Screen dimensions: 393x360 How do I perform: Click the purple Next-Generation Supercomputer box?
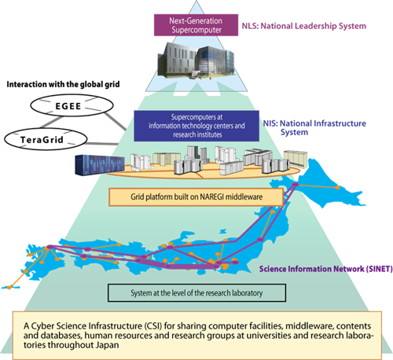click(196, 25)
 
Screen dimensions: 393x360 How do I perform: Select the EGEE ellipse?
click(72, 105)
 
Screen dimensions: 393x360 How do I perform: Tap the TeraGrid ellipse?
click(46, 139)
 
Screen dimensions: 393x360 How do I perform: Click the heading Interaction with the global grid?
click(63, 84)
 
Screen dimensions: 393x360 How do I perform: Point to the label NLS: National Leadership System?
click(304, 26)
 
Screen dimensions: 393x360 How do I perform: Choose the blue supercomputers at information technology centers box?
click(196, 126)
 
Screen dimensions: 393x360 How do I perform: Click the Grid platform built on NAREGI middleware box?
click(196, 197)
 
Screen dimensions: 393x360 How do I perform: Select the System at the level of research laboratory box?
click(196, 292)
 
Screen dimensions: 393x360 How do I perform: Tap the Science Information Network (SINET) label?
click(326, 269)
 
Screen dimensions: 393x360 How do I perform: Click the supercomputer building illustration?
click(196, 61)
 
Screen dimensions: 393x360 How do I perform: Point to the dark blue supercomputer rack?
click(100, 164)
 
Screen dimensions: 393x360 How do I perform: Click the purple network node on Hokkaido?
click(296, 185)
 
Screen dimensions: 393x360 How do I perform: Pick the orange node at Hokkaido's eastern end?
click(338, 188)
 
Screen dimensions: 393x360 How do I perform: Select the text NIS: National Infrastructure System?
click(314, 127)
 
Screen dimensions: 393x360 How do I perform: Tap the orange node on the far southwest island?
click(9, 287)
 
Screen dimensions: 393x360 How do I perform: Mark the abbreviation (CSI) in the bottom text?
click(153, 326)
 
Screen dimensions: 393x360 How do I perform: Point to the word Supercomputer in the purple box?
click(196, 30)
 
